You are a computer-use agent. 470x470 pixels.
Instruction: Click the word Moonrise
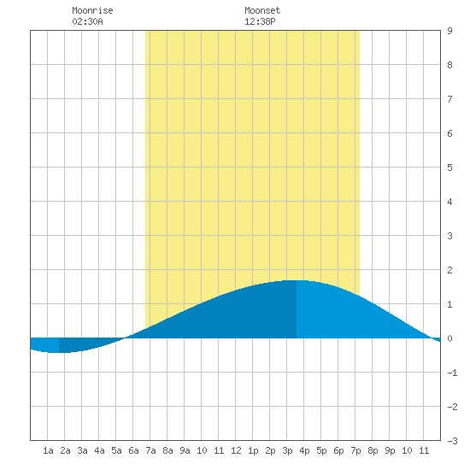(x=92, y=10)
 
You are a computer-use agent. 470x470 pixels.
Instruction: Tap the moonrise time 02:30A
(x=87, y=21)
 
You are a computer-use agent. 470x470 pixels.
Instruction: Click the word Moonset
(x=262, y=10)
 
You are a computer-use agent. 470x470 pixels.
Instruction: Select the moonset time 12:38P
(x=260, y=21)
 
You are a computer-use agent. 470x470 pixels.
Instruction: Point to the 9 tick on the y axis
(x=449, y=31)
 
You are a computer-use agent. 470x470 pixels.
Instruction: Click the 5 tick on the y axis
(x=449, y=167)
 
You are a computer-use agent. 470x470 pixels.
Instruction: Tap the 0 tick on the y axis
(x=449, y=338)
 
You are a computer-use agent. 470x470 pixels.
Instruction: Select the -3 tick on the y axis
(x=452, y=441)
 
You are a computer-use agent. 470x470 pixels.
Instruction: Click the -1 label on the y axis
(x=452, y=373)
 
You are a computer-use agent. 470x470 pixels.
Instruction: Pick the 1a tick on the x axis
(x=48, y=450)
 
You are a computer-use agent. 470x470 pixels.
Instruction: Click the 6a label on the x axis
(x=133, y=450)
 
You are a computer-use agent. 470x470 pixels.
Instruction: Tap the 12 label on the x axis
(x=236, y=450)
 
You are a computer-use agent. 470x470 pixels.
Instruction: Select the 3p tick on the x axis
(x=287, y=450)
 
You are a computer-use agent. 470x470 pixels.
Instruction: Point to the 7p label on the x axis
(x=355, y=450)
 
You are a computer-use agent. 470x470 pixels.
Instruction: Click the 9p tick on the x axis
(x=390, y=450)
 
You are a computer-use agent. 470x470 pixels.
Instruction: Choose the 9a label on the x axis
(x=185, y=450)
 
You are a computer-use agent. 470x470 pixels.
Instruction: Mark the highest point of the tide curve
(x=297, y=280)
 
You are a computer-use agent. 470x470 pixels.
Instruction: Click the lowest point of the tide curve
(x=55, y=352)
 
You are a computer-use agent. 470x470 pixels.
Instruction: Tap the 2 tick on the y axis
(x=449, y=270)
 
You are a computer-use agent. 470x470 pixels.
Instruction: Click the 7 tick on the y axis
(x=449, y=99)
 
